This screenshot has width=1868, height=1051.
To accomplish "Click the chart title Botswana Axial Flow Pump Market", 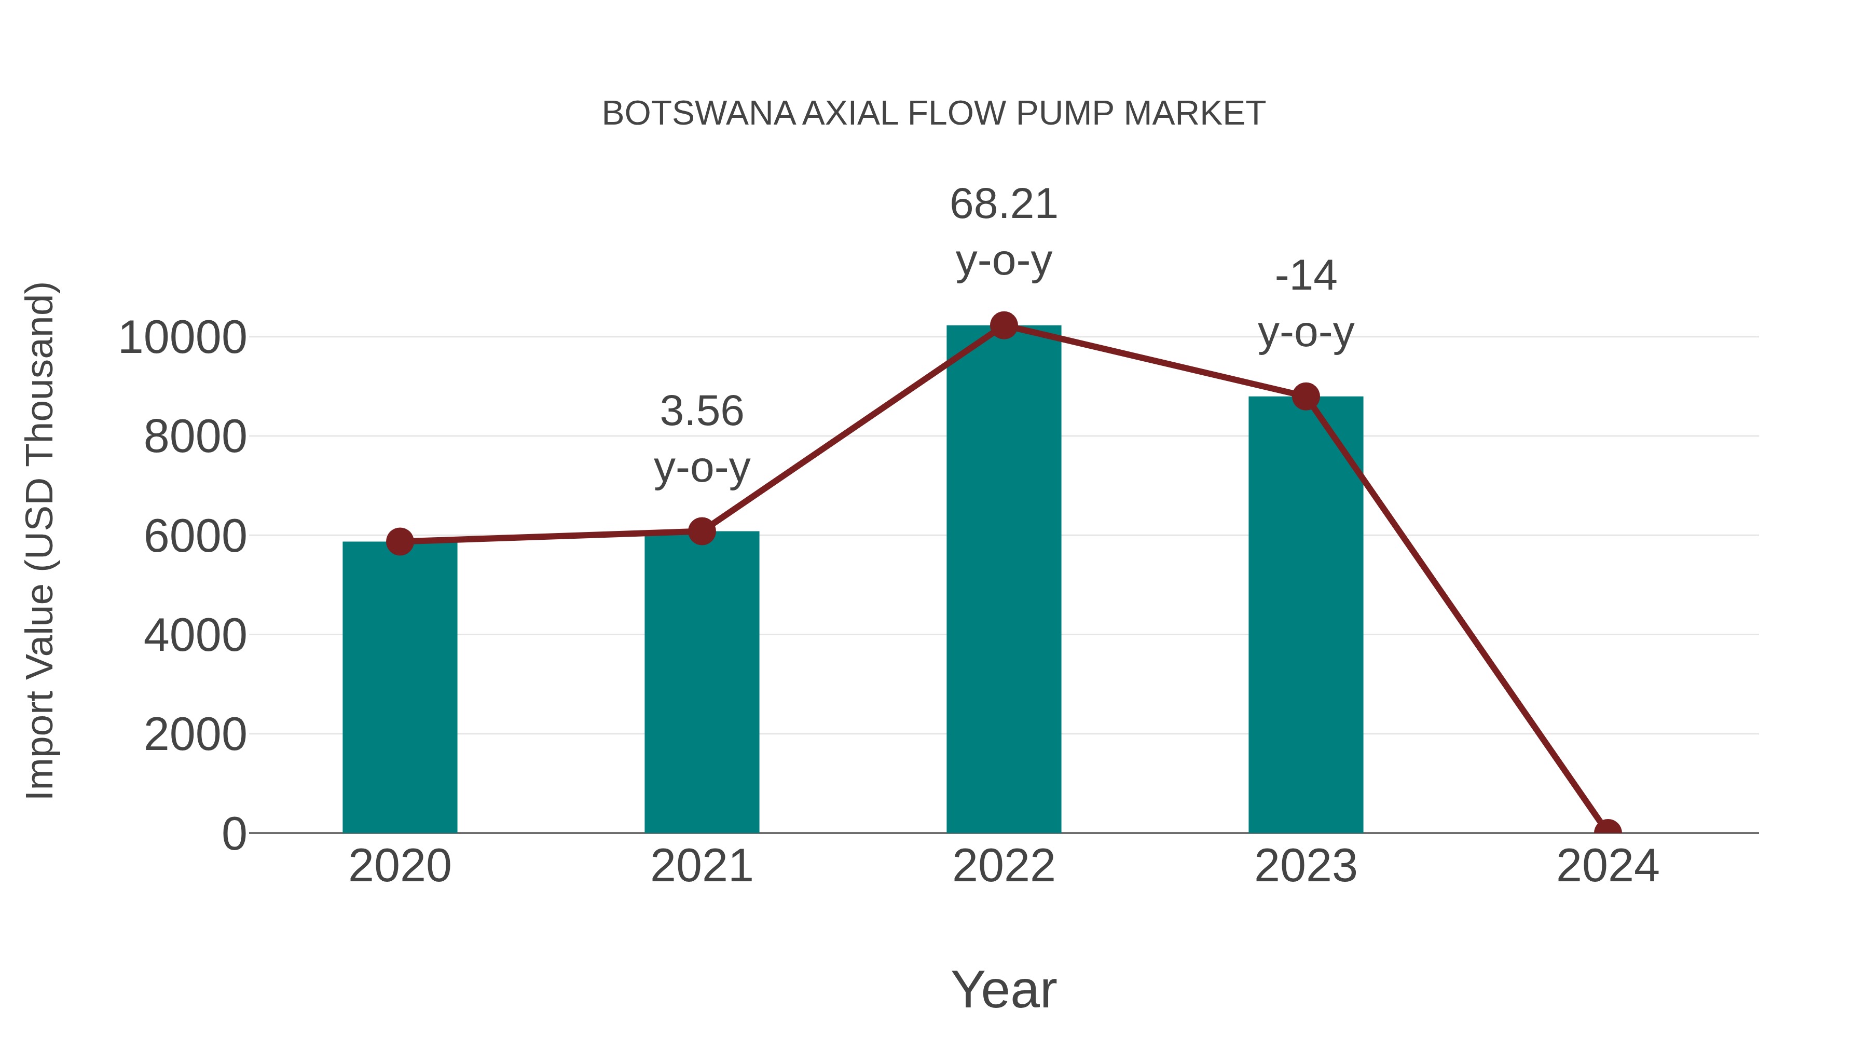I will tap(933, 114).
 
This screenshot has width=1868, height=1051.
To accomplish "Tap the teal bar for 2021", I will tap(701, 682).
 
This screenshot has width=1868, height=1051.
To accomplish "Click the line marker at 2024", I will tap(1608, 832).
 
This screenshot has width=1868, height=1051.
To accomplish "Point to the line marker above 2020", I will tap(400, 541).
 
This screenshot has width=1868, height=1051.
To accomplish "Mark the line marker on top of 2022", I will tap(1004, 325).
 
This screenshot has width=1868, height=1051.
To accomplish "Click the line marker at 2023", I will tap(1306, 397).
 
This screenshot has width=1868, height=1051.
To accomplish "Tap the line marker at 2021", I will tap(701, 531).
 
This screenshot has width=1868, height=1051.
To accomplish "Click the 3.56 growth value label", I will tap(701, 411).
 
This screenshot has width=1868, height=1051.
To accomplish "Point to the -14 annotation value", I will tap(1306, 276).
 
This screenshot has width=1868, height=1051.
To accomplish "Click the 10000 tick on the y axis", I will tap(182, 338).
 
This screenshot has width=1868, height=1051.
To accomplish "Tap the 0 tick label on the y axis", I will tap(233, 834).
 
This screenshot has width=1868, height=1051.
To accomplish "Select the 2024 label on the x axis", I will tap(1608, 866).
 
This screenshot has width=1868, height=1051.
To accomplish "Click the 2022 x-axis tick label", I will tap(1004, 866).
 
